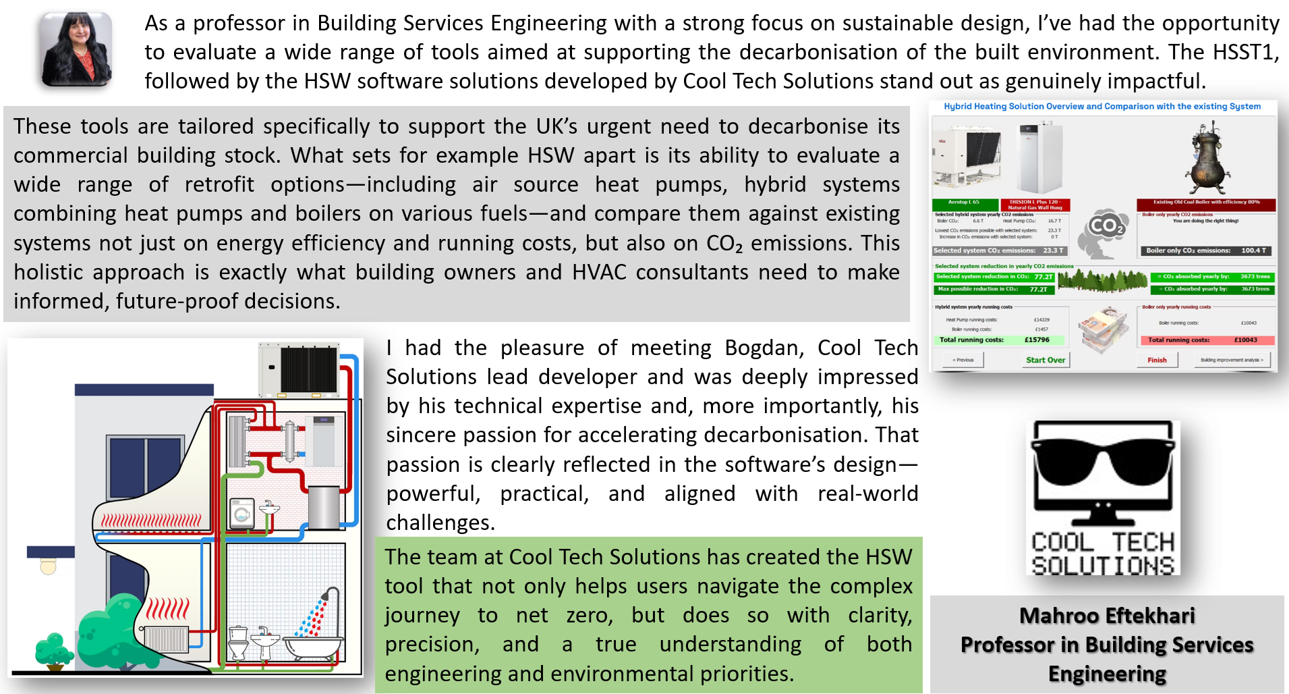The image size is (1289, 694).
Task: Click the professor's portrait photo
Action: click(76, 49)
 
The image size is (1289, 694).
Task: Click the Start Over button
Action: click(1045, 360)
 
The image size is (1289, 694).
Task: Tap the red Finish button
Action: click(1157, 360)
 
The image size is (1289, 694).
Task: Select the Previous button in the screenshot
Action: click(963, 360)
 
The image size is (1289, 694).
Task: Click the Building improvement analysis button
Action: click(1232, 360)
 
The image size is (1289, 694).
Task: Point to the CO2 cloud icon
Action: click(1105, 230)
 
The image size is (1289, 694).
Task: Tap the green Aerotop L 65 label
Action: click(964, 203)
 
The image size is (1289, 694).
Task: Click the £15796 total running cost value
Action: click(1037, 340)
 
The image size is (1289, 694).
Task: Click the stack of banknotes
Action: click(1104, 327)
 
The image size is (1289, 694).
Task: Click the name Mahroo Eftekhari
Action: click(1107, 616)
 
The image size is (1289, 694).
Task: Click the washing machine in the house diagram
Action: click(242, 514)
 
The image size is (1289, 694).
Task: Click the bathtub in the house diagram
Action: click(312, 645)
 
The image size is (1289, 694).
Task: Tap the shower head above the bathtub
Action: click(326, 595)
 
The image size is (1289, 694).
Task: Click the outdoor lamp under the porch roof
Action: click(48, 566)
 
